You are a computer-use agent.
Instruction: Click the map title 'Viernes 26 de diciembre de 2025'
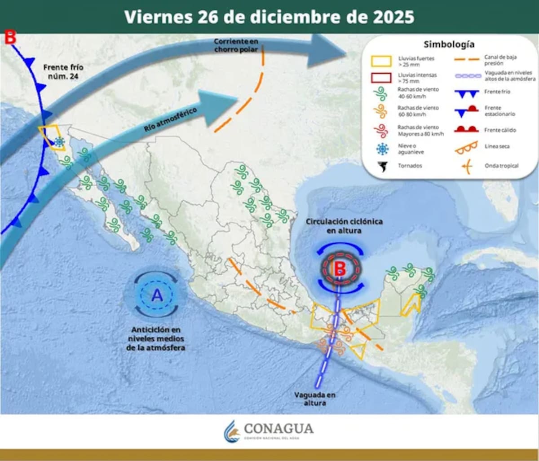tap(269, 17)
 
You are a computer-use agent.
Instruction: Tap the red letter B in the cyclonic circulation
tap(340, 269)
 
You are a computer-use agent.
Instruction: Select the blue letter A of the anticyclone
tap(157, 295)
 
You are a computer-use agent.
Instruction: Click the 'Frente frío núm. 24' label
tap(63, 71)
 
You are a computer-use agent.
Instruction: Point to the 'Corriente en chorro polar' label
tap(236, 45)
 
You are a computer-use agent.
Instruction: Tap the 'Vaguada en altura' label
tap(315, 399)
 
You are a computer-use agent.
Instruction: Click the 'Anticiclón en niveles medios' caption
tap(156, 338)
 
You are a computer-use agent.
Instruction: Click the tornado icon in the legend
tap(383, 167)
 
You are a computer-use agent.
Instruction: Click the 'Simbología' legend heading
tap(449, 44)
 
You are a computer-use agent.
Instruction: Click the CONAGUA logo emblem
tap(231, 431)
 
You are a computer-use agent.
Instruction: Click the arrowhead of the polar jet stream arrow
tap(328, 50)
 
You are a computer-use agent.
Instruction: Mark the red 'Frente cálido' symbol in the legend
tap(466, 129)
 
